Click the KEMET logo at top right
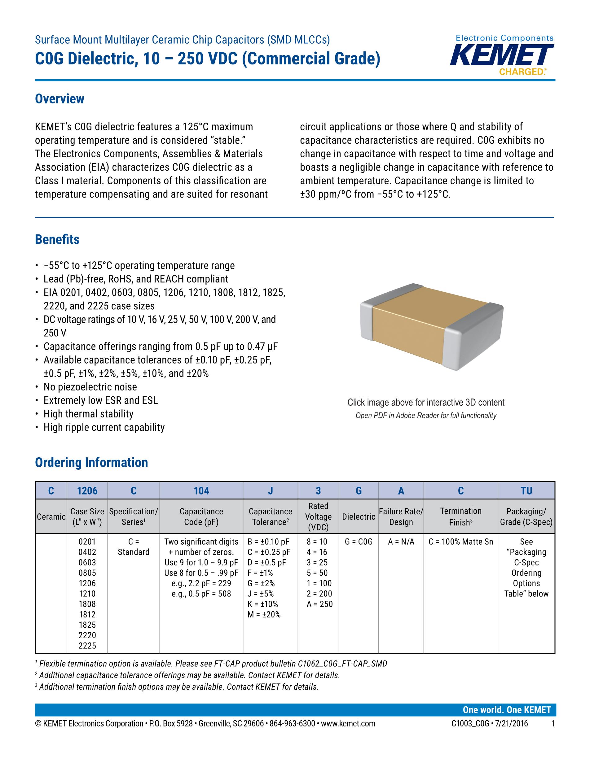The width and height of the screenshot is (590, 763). (x=502, y=56)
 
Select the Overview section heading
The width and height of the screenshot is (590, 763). (x=59, y=99)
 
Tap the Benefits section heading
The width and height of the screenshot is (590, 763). (x=57, y=240)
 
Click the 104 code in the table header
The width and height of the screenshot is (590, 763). (x=201, y=490)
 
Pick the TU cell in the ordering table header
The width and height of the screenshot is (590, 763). (x=526, y=490)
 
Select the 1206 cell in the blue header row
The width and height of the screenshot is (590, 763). (x=87, y=490)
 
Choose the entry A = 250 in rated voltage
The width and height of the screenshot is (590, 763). (x=319, y=604)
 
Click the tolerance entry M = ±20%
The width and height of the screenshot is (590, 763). (x=264, y=615)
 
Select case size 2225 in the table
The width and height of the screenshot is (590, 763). (x=87, y=646)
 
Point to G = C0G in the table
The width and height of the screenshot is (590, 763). (x=358, y=542)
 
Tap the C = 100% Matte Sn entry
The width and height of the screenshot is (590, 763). (x=461, y=542)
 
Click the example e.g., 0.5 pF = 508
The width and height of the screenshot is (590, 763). (x=201, y=594)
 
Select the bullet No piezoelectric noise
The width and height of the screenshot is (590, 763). (x=90, y=387)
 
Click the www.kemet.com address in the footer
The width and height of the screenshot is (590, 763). (x=348, y=724)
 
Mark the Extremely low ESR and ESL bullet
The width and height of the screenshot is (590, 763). (x=101, y=400)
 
